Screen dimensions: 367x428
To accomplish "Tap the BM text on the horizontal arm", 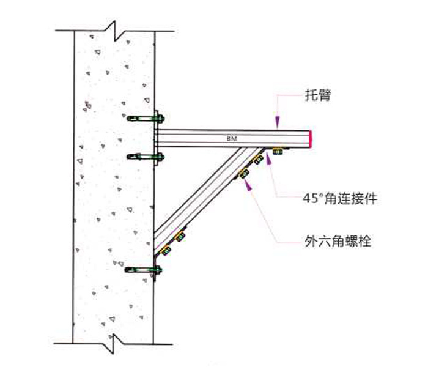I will coord(232,139).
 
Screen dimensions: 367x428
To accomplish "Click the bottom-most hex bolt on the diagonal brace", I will coord(164,251).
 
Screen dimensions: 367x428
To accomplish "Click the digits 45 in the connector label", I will coord(311,199).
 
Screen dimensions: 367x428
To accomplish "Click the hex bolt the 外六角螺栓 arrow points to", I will coord(245,174).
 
